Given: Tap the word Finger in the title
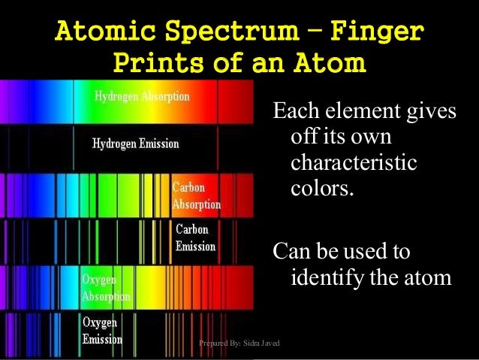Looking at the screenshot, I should pyautogui.click(x=377, y=32).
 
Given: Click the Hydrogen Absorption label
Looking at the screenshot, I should pyautogui.click(x=142, y=97).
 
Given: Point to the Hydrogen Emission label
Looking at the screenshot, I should pyautogui.click(x=135, y=143).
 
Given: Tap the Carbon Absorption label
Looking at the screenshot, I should pyautogui.click(x=196, y=195).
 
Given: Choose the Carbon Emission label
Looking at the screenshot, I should pyautogui.click(x=195, y=237).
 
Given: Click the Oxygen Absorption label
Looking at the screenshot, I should pyautogui.click(x=106, y=288).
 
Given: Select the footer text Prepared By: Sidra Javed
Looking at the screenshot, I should pyautogui.click(x=239, y=343).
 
